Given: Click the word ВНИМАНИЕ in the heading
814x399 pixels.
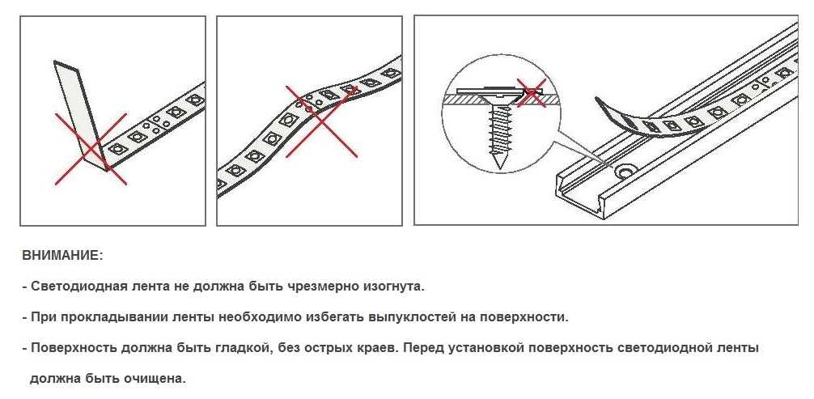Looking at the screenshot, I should pos(61,256).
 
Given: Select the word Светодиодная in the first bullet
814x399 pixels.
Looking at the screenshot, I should pos(71,287).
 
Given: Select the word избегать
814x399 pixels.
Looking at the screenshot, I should pos(312,316).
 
